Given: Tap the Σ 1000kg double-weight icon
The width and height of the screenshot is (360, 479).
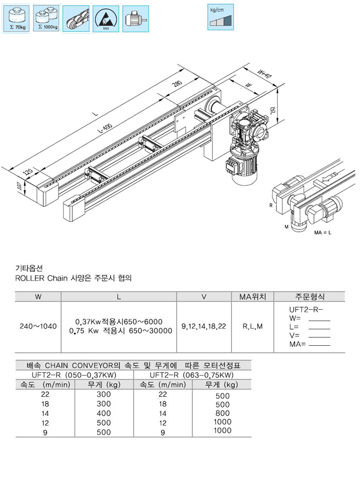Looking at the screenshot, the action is [x=46, y=19].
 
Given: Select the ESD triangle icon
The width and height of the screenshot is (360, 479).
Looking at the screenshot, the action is [x=105, y=19].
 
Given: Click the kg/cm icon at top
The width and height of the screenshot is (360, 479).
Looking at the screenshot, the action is [x=220, y=17].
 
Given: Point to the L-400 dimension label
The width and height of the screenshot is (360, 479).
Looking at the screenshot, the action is [x=105, y=129].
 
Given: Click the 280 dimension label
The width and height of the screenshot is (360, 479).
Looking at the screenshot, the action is [x=177, y=84].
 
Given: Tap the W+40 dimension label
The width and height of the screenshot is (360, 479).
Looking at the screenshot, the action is [x=263, y=74].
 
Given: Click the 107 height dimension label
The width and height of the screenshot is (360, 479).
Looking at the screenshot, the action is [x=20, y=187].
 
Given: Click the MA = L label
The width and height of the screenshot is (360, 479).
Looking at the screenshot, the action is [x=323, y=233].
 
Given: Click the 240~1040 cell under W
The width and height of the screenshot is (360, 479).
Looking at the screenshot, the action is [x=38, y=326].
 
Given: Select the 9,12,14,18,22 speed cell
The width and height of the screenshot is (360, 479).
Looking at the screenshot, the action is [x=204, y=326].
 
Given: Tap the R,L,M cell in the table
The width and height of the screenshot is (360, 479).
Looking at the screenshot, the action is [x=253, y=326].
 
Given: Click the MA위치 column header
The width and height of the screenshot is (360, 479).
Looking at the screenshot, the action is [x=253, y=297].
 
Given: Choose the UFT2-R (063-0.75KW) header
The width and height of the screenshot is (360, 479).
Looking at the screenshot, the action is [x=192, y=375].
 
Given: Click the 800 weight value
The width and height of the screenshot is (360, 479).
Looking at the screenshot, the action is [x=222, y=413].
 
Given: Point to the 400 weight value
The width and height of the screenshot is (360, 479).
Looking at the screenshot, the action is [x=103, y=413].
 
